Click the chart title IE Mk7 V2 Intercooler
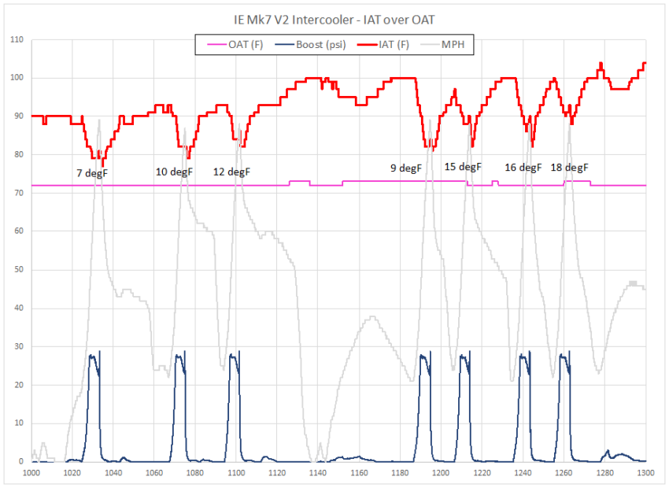point(334,19)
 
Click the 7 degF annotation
point(92,172)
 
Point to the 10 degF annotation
point(174,172)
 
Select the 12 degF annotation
point(232,172)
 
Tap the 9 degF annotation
point(406,168)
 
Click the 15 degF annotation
point(463,167)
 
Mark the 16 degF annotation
point(523,168)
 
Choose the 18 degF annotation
point(569,168)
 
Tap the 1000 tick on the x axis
point(31,473)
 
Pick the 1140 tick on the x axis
point(318,473)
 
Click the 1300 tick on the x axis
point(645,473)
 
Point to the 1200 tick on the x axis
point(441,473)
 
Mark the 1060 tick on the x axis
point(154,473)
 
